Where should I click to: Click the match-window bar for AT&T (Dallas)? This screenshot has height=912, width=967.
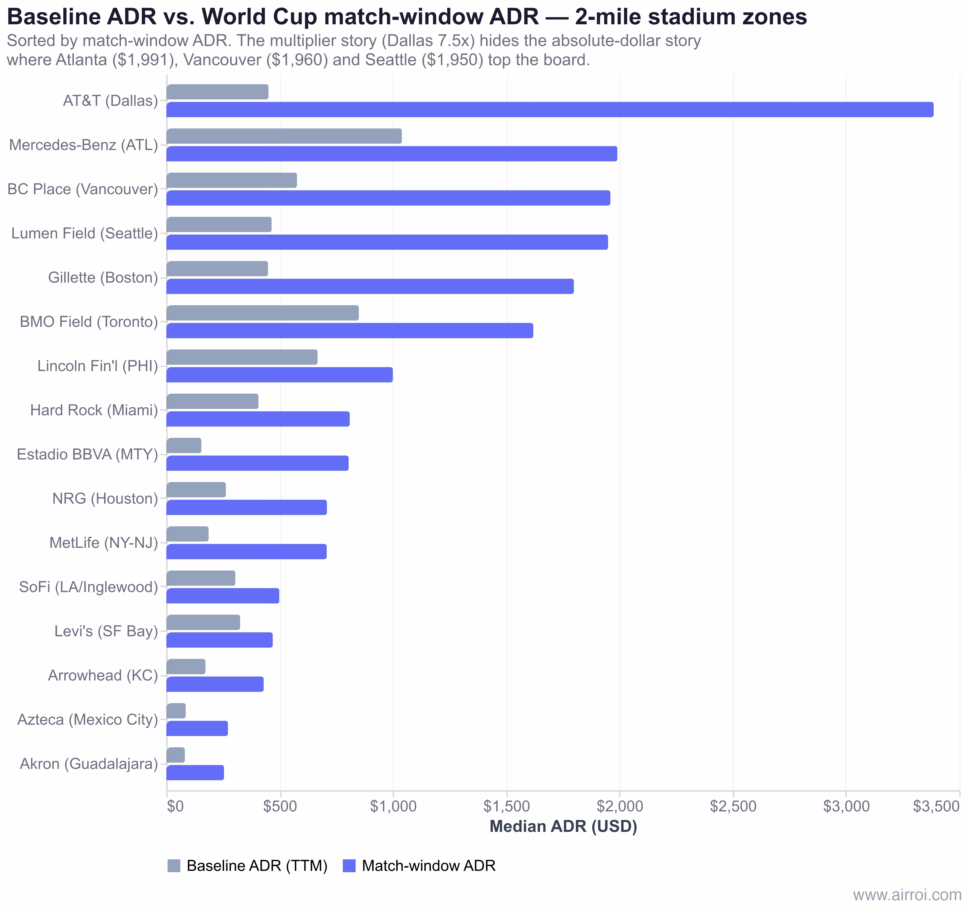[550, 109]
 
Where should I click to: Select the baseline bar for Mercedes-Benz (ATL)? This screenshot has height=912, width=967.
[284, 136]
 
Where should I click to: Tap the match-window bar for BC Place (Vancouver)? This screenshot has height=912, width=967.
[388, 198]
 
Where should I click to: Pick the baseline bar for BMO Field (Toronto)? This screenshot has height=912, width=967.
[263, 313]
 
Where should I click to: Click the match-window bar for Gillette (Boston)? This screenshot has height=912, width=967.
[370, 287]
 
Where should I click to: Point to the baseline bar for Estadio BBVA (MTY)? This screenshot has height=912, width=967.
[184, 446]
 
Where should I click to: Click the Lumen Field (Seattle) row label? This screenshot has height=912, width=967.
[85, 233]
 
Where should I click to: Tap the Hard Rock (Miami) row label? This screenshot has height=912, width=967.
[94, 410]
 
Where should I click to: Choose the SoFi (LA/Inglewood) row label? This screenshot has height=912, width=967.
[89, 587]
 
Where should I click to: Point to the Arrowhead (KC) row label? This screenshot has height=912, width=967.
[103, 676]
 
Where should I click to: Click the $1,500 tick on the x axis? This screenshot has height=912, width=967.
[507, 806]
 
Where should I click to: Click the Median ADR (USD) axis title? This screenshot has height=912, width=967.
[563, 827]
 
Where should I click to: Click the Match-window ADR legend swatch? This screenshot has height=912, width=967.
[349, 866]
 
